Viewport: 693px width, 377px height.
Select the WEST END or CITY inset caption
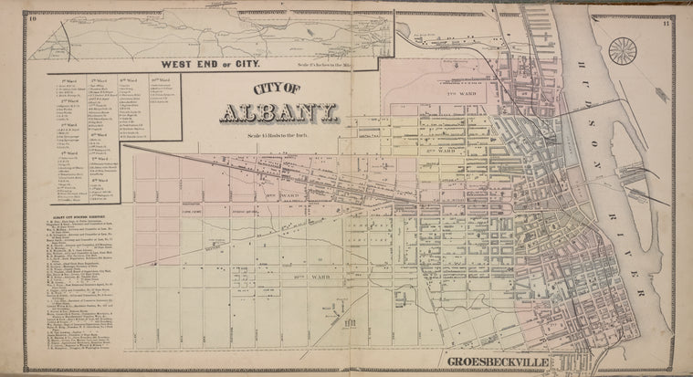pyautogui.click(x=211, y=64)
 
